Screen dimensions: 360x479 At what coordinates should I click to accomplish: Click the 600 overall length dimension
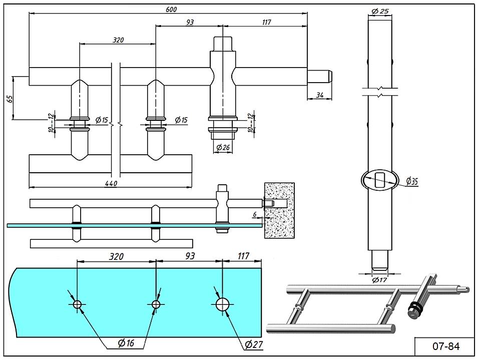[170, 9]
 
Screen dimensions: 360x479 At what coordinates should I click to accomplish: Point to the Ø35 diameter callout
[412, 181]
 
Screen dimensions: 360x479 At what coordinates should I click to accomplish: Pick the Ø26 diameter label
[223, 148]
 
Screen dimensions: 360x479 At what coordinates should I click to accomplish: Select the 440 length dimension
[111, 184]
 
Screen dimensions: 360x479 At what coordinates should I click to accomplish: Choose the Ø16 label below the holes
[126, 343]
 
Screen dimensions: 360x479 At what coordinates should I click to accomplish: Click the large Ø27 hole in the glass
[223, 304]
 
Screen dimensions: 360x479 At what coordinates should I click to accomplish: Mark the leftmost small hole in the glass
[77, 304]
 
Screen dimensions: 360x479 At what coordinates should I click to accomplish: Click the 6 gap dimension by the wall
[255, 214]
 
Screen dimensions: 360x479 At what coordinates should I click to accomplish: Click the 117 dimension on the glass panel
[244, 256]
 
